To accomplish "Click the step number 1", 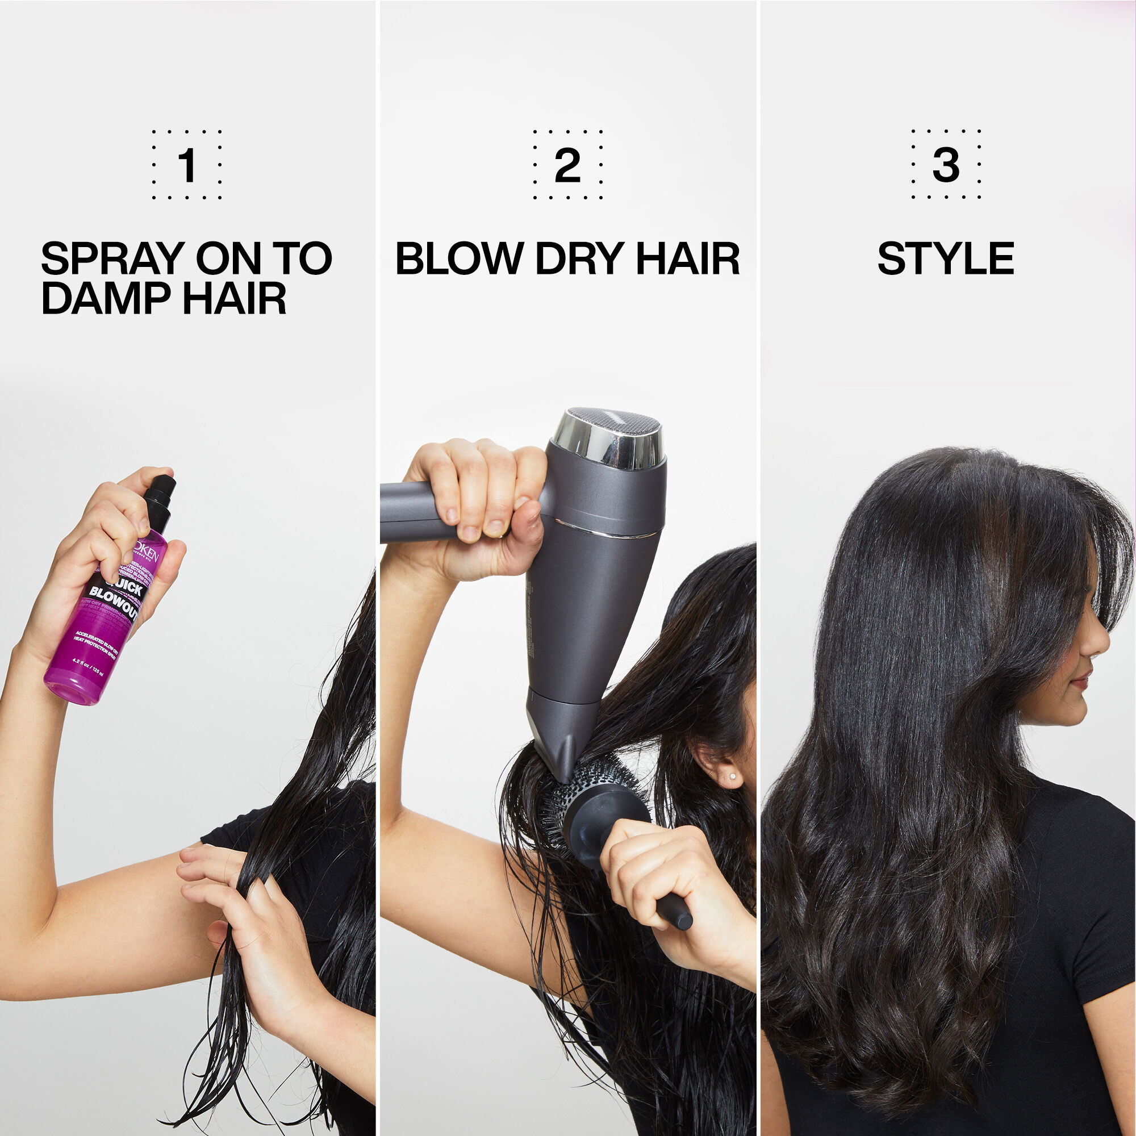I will point(187,165).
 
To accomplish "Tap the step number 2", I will point(567,165).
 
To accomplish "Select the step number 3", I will point(946,165).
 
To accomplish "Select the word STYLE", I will point(946,258).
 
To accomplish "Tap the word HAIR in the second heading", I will point(688,258).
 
